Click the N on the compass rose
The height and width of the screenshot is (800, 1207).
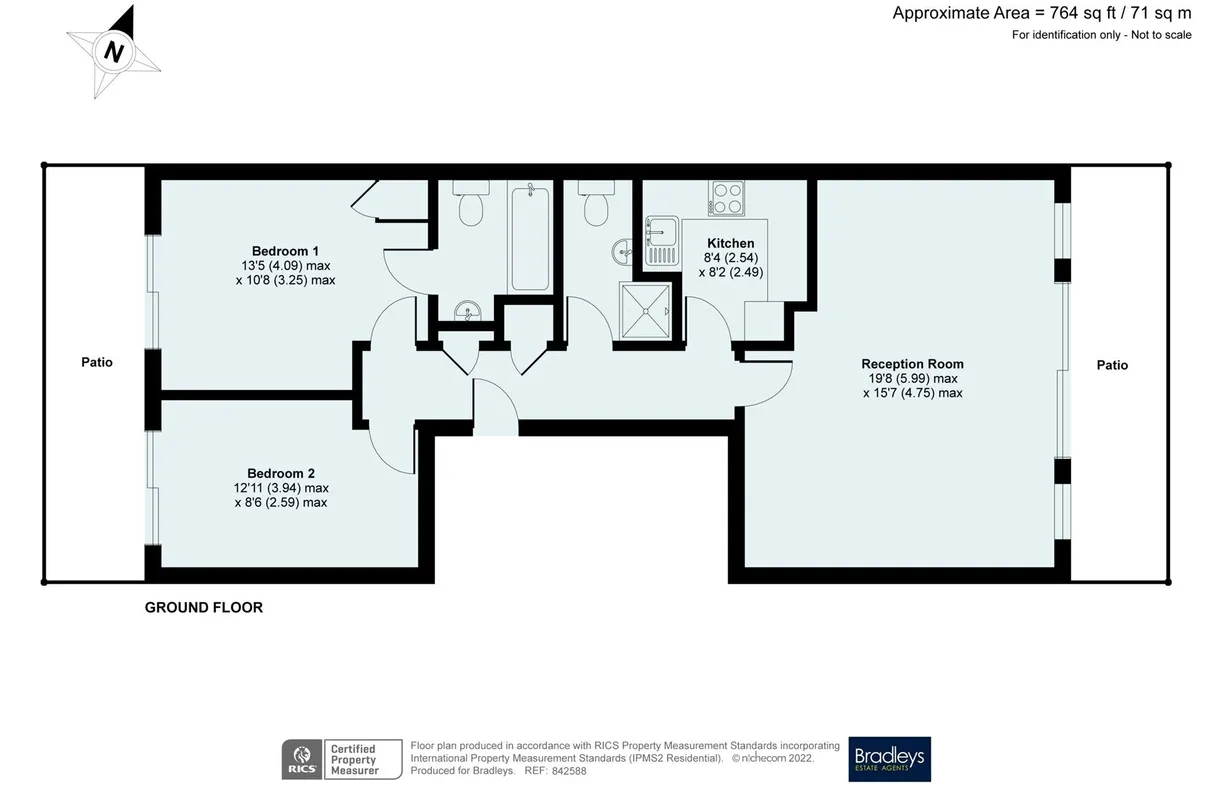pos(114,52)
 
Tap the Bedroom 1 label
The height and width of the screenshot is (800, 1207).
pos(285,251)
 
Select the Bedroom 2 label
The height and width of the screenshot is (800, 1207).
pos(281,474)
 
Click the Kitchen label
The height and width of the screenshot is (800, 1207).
pos(731,243)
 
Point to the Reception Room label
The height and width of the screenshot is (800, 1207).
pos(912,364)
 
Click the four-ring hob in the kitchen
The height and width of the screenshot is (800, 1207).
pos(726,198)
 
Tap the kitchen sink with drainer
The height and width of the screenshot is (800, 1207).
pos(662,241)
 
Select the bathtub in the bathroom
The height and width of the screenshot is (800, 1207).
pos(530,237)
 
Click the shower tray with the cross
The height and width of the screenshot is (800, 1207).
pos(646,311)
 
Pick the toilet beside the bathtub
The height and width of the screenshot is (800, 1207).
pos(471,203)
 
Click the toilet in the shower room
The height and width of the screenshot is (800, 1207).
pos(596,203)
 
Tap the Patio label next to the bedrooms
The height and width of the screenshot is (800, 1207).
pos(97,362)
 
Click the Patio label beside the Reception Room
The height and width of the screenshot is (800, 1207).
pos(1112,365)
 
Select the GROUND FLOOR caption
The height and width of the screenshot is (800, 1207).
pos(204,607)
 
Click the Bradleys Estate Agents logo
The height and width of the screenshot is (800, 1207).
pos(890,759)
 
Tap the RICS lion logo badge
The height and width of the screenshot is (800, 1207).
pos(302,759)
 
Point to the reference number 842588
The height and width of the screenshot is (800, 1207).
pos(569,771)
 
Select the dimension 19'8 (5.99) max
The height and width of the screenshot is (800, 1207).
pos(913,379)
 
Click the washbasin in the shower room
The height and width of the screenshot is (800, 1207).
pos(622,252)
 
